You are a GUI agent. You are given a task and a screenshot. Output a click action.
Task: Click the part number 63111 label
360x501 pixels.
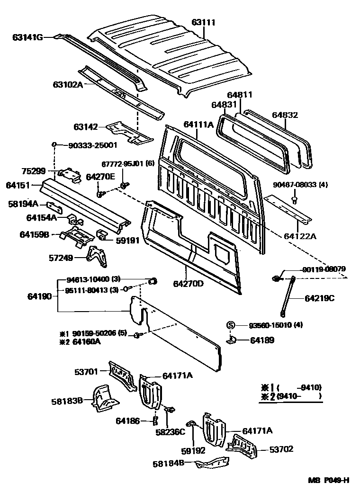click(203, 22)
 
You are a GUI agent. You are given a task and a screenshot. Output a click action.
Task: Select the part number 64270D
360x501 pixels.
click(188, 284)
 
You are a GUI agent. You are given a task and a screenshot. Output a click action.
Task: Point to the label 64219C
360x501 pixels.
click(319, 298)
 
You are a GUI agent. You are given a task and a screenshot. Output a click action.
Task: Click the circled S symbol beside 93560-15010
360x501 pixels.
click(231, 325)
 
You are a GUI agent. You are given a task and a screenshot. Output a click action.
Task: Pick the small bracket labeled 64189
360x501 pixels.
click(232, 340)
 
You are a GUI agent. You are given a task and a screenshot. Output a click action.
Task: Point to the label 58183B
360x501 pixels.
click(67, 401)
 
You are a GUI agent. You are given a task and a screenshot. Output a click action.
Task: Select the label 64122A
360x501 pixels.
click(300, 235)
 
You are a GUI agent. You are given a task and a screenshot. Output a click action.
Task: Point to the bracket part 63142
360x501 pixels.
click(128, 131)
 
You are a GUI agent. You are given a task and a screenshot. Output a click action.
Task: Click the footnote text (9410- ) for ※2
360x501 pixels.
click(299, 395)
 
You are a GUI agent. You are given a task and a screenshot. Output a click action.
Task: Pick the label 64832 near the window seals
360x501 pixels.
click(286, 115)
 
